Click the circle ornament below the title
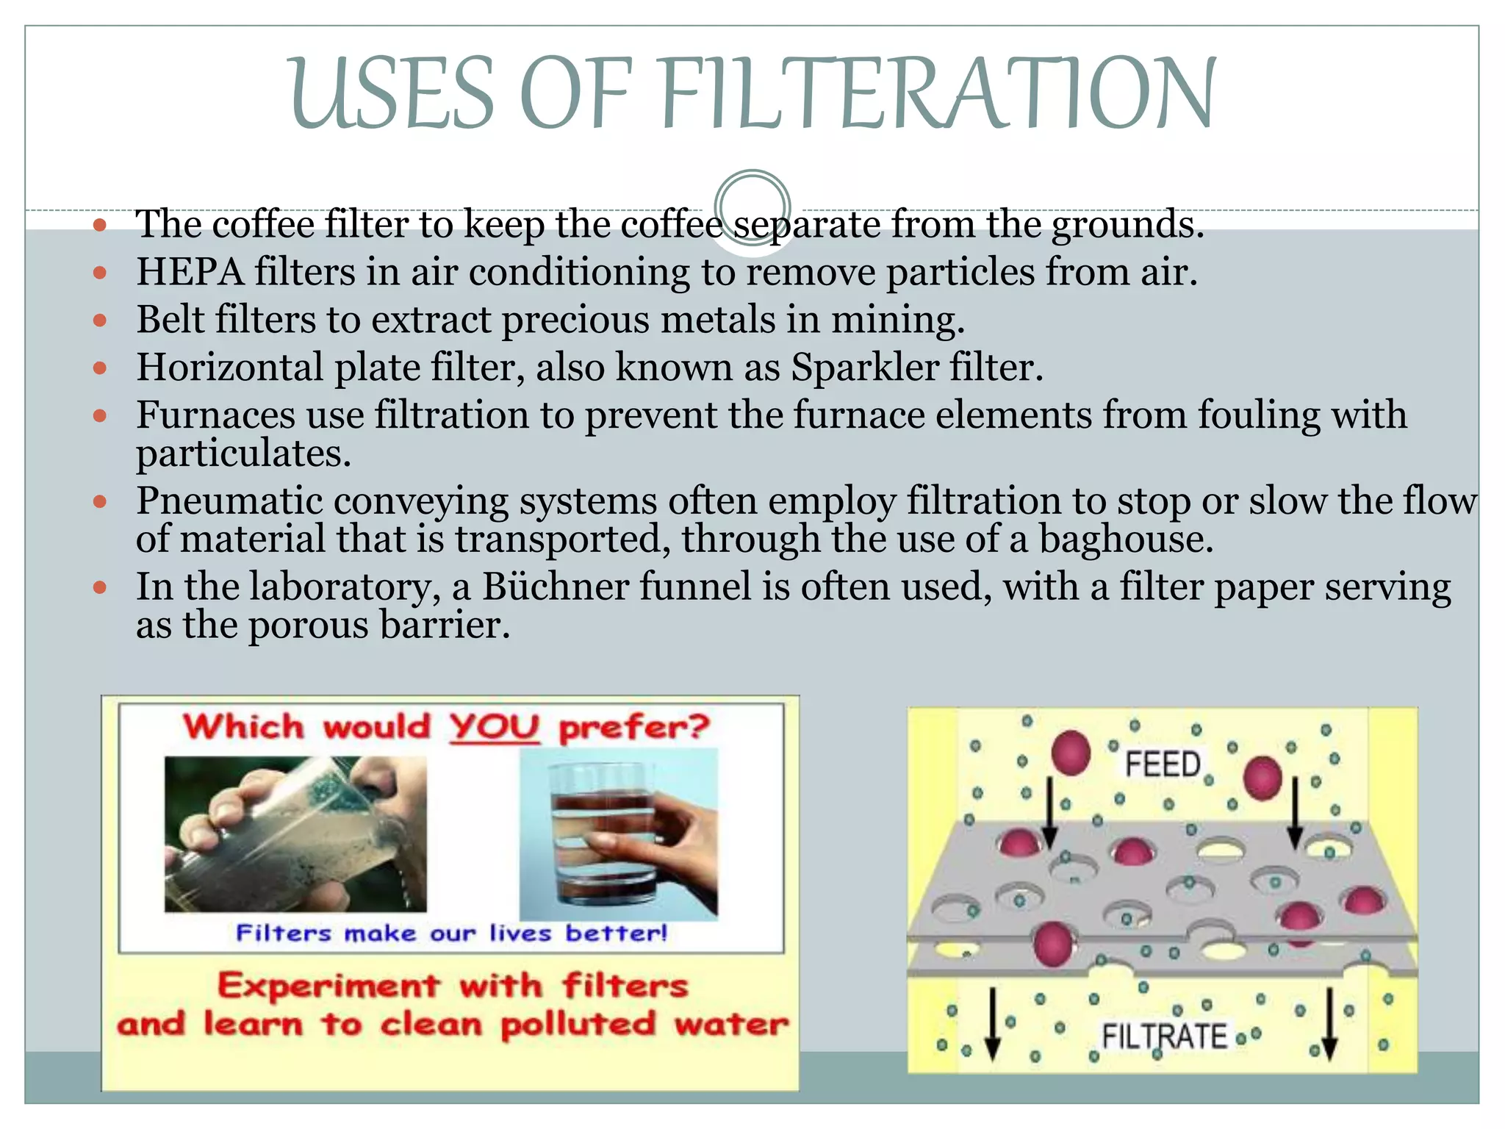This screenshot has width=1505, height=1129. click(752, 207)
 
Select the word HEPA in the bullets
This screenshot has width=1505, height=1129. click(190, 272)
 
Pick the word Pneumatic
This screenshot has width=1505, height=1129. click(229, 501)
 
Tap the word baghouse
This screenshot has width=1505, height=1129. click(1125, 540)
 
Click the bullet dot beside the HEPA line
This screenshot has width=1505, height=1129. click(101, 273)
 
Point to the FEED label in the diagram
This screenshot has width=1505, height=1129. click(1163, 764)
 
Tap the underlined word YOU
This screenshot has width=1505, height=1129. click(495, 728)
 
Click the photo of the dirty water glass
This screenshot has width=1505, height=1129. click(295, 834)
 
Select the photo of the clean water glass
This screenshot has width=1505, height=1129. click(618, 834)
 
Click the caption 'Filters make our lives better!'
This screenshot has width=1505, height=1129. click(451, 933)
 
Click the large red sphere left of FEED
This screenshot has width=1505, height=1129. click(1071, 753)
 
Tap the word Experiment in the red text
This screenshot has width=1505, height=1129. click(328, 986)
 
